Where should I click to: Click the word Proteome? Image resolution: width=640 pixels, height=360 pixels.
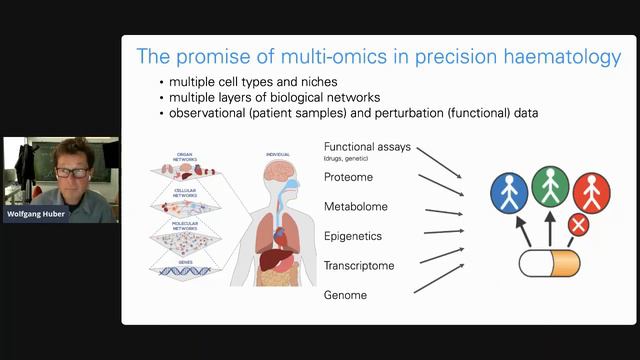point(348,177)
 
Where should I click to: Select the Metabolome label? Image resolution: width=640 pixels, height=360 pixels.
point(355,207)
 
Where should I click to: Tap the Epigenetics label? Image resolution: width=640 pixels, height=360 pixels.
point(353,237)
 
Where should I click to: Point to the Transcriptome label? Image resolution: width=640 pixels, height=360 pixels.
point(358,266)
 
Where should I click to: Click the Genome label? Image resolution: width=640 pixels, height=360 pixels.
point(344,295)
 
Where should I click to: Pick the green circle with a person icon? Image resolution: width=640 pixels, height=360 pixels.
point(550,186)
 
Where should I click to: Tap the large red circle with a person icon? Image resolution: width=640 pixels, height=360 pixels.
point(591,192)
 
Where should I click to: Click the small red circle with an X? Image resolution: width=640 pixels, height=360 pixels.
point(578,225)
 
